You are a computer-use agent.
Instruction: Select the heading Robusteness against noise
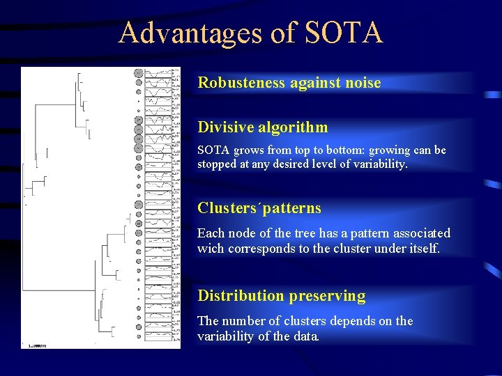click(289, 83)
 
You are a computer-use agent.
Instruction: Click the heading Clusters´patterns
click(259, 207)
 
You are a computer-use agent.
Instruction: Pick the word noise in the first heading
click(363, 83)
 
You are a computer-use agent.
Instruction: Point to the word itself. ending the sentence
click(422, 249)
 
